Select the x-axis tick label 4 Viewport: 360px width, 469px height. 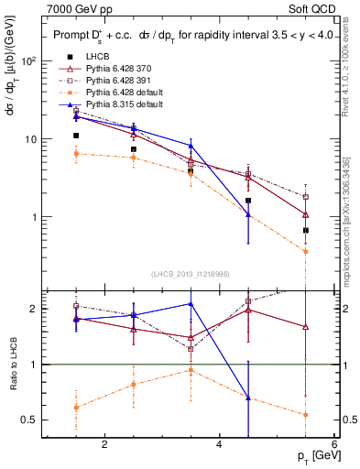[x=219, y=445]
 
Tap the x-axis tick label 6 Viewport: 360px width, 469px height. [x=333, y=445]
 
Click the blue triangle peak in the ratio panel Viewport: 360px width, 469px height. [x=191, y=304]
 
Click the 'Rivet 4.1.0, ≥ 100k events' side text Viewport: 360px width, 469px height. [x=354, y=69]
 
